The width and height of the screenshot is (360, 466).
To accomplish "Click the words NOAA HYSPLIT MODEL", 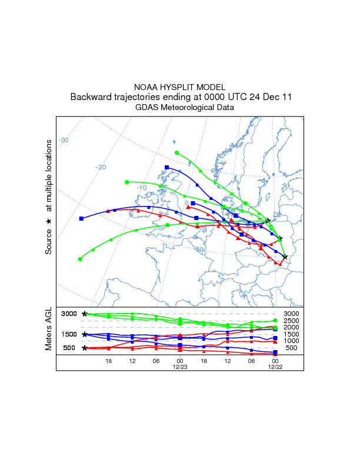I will [x=180, y=86].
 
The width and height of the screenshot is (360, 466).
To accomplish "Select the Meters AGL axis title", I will [x=49, y=329].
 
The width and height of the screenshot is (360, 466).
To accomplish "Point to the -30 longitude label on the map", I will [x=64, y=140].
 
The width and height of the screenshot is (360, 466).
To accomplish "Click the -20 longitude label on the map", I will [x=101, y=167].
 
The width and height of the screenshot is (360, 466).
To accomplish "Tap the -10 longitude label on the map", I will [x=141, y=188].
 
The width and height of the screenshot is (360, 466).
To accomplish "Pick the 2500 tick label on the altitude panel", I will [x=291, y=321].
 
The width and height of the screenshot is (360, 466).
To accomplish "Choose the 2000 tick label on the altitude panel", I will [x=291, y=327].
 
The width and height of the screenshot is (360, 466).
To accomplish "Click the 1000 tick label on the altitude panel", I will [x=291, y=341].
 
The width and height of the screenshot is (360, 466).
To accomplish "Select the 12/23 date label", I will [x=179, y=367].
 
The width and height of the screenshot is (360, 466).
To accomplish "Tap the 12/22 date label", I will [x=275, y=367].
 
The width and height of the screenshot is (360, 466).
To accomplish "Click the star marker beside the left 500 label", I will [x=85, y=348].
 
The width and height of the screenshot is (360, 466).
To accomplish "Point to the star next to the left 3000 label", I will [x=85, y=314].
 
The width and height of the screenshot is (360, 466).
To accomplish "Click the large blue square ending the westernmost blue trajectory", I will [x=82, y=218].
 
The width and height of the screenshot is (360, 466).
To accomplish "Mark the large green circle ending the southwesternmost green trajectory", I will [x=80, y=259].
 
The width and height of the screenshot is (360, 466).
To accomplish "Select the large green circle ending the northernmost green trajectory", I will [x=177, y=153].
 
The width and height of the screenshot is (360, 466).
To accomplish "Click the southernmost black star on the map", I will [x=285, y=257].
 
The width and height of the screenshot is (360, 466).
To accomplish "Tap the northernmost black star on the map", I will [x=268, y=221].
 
